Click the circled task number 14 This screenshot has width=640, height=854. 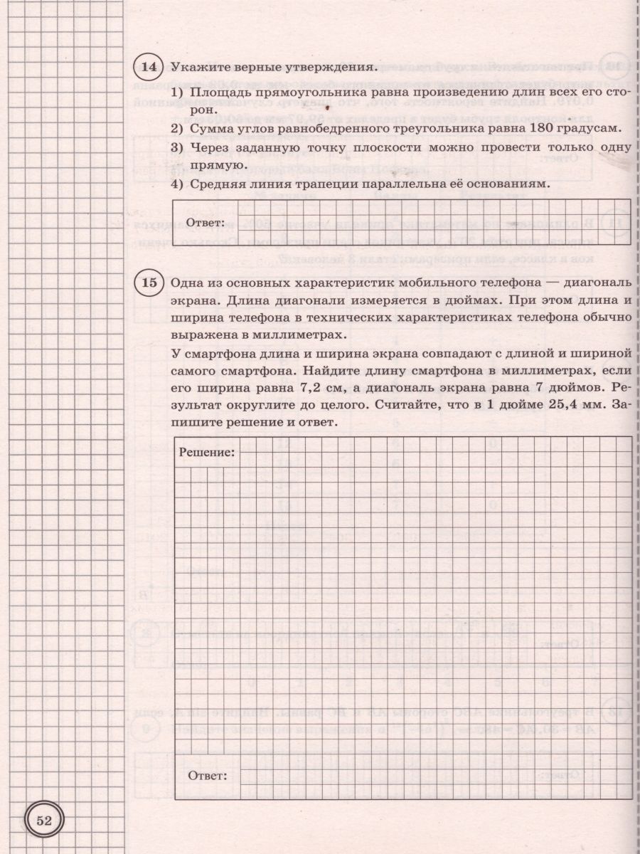148,68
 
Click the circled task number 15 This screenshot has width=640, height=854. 148,283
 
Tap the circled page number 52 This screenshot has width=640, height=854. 45,821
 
